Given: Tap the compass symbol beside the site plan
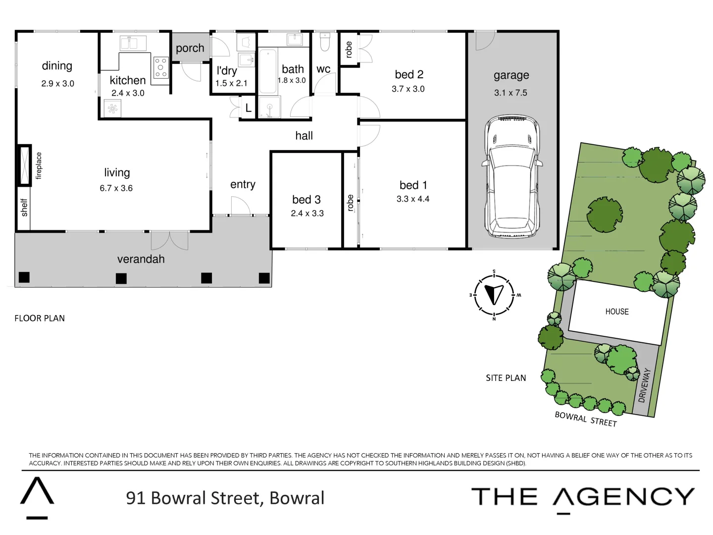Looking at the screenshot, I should click(x=494, y=295).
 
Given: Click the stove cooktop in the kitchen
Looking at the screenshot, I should click(x=161, y=67).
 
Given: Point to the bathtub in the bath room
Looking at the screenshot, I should click(x=267, y=71).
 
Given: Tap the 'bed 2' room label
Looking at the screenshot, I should click(x=409, y=74).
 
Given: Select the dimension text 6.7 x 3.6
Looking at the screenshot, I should click(x=116, y=188).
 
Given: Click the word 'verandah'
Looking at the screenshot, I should click(x=141, y=259).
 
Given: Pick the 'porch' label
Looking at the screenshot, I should click(x=190, y=48).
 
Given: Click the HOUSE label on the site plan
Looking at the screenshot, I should click(x=616, y=312).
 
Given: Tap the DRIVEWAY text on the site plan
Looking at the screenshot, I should click(x=643, y=385).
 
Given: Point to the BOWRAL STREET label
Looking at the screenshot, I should click(x=586, y=419).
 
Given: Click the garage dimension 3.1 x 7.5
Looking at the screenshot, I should click(x=510, y=93).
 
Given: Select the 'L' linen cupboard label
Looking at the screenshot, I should click(x=249, y=108).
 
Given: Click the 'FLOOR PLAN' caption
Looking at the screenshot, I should click(x=40, y=318).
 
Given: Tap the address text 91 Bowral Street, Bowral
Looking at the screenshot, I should click(x=225, y=498).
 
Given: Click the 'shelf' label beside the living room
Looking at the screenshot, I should click(x=24, y=208).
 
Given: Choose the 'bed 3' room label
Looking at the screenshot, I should click(x=306, y=200).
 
